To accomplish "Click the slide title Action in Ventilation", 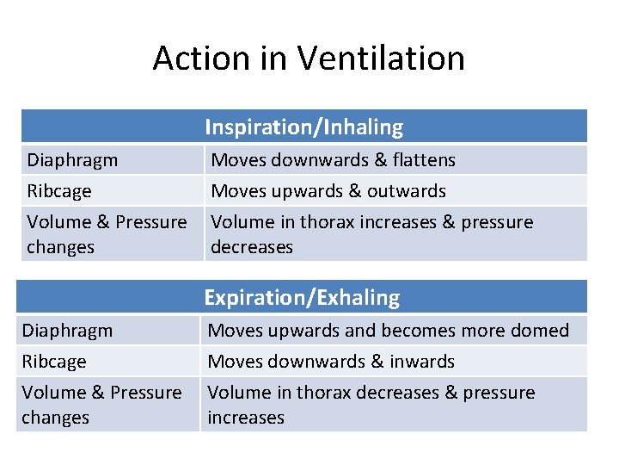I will [309, 59].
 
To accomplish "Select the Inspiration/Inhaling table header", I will [303, 127].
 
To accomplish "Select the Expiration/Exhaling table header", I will [302, 298].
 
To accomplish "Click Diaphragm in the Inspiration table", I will [72, 160].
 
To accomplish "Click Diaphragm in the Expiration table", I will [67, 331].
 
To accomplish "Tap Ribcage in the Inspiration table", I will [59, 191].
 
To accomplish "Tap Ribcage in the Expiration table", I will [54, 362].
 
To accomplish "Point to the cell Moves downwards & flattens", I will [333, 160].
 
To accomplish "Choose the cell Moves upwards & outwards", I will [328, 191].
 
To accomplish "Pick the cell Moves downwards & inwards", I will [331, 362].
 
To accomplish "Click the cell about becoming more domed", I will [388, 331].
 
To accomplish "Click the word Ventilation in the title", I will [383, 59].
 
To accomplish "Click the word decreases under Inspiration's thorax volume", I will [252, 247].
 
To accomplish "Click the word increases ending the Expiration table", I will [246, 418].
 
